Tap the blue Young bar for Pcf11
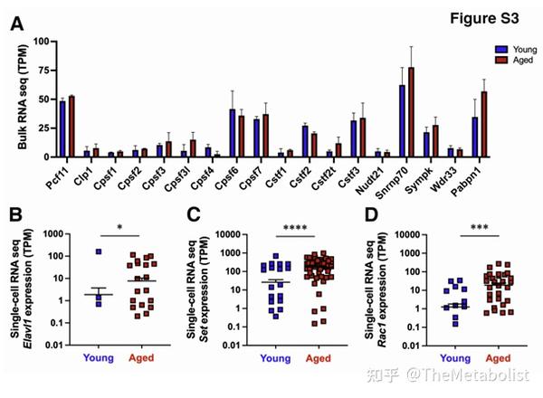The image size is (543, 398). [62, 128]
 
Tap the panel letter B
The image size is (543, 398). [17, 217]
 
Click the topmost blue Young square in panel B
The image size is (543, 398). [101, 252]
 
